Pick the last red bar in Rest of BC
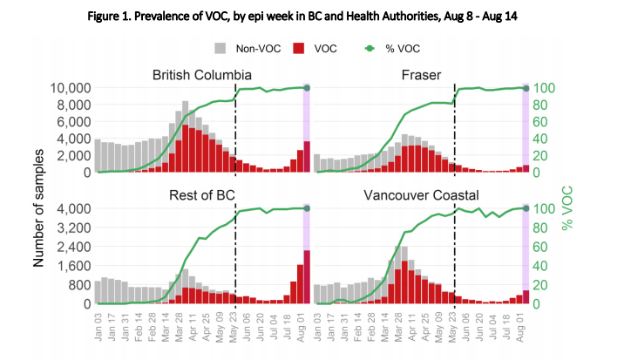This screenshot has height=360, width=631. [307, 277]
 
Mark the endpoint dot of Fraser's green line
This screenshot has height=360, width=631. [526, 88]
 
